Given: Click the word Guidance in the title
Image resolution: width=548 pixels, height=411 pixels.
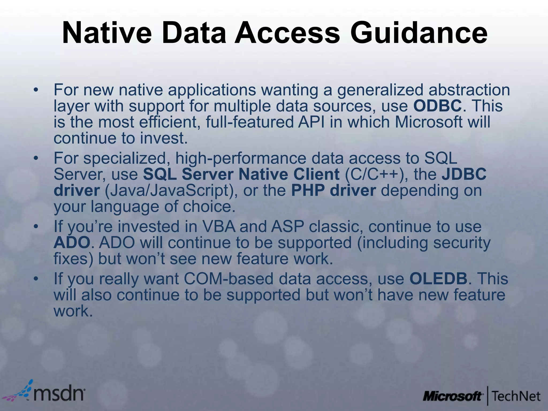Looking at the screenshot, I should pyautogui.click(x=419, y=33).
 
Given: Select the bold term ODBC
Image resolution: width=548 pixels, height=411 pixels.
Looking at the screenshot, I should pyautogui.click(x=437, y=106).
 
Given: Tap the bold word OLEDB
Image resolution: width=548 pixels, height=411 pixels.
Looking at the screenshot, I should pyautogui.click(x=438, y=279).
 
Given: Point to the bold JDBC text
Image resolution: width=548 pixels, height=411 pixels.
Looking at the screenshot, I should pyautogui.click(x=464, y=174).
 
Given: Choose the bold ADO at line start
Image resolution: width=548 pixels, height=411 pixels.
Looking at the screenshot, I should pyautogui.click(x=72, y=243).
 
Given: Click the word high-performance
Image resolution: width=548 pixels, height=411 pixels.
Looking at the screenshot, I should pyautogui.click(x=241, y=158).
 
